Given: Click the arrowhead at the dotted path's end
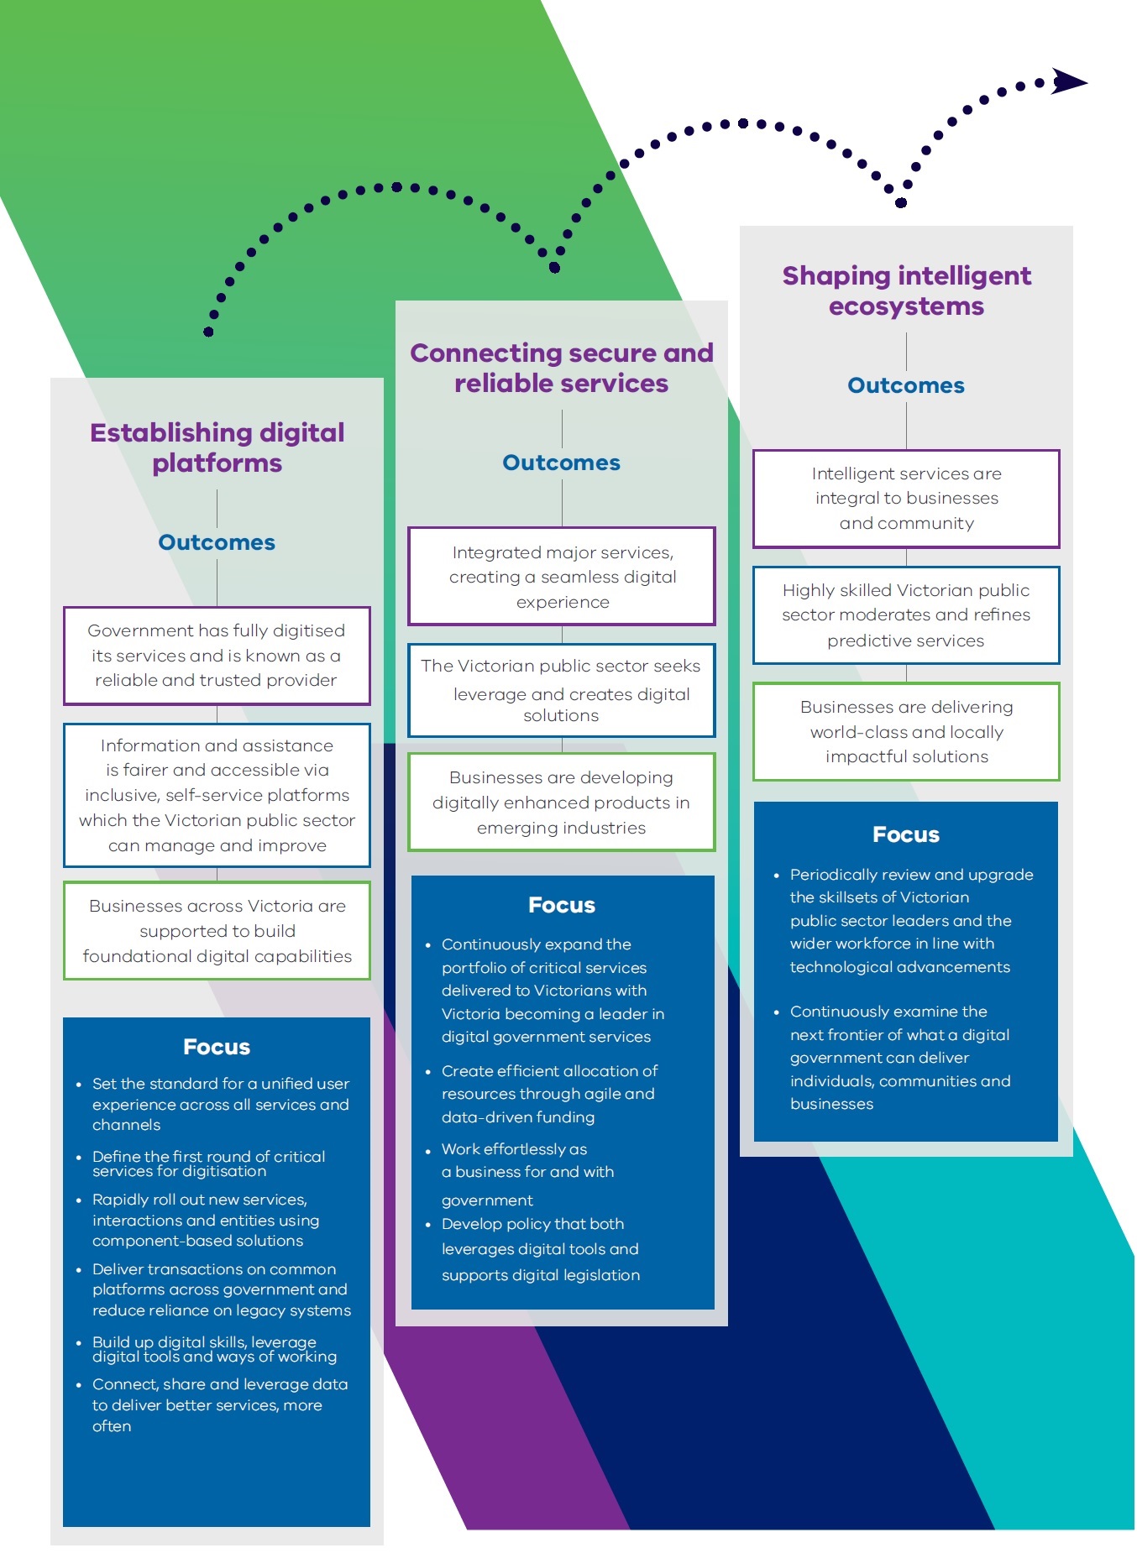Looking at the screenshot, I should (1069, 81).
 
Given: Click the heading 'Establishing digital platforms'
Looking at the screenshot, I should (217, 447).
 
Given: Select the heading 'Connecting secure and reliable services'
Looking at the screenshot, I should (561, 368).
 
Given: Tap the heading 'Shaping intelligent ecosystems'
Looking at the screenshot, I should (906, 290).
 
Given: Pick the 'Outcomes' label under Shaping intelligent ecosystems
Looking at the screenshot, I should (906, 385).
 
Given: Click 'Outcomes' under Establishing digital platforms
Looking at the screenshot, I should (217, 542).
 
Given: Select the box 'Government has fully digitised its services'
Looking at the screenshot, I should (217, 656).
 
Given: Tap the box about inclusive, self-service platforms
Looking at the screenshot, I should (217, 795).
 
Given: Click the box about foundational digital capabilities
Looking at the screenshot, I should (217, 931).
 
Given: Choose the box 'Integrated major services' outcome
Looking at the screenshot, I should (561, 577).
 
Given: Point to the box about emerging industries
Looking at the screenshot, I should (561, 803).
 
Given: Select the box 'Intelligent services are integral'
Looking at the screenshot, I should (906, 499).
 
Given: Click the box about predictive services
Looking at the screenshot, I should (906, 615).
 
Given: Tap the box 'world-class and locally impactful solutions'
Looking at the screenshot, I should (906, 732).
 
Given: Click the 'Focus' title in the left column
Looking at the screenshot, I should (217, 1047).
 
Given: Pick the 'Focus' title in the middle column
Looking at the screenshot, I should (561, 905).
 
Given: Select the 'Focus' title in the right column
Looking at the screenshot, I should (906, 834).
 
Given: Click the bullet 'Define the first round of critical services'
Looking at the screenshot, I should (208, 1163).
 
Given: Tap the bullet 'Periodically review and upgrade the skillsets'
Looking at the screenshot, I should (910, 920).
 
